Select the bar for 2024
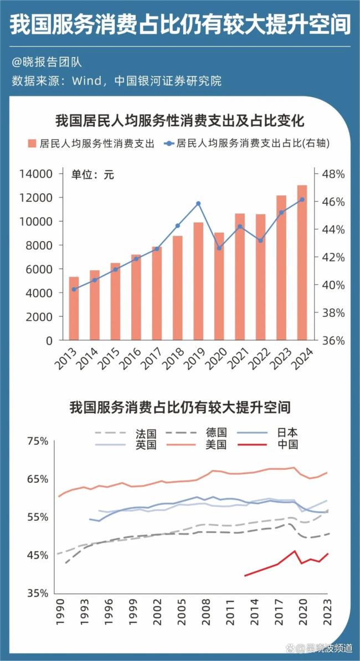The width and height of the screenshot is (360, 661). [x=302, y=263]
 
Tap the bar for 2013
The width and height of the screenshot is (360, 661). [x=74, y=308]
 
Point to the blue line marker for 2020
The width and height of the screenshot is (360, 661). [x=219, y=248]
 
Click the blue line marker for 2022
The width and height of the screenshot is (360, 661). [x=260, y=240]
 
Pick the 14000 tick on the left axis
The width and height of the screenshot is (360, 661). [x=36, y=174]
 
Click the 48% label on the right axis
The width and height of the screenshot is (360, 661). [x=333, y=174]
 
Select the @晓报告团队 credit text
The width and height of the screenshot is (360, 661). [x=47, y=63]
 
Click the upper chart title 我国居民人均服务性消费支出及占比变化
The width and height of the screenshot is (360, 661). [x=181, y=120]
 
